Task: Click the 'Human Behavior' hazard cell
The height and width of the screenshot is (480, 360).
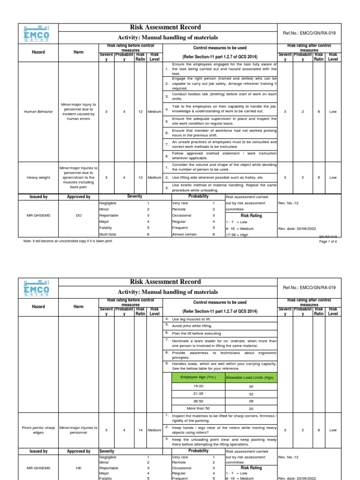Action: (38, 112)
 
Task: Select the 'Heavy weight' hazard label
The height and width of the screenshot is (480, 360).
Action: (38, 178)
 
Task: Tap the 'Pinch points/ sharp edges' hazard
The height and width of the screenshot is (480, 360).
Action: (38, 430)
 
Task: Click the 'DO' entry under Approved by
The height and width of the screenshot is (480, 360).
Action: (79, 215)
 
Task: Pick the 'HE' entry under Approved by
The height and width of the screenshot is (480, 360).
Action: (79, 468)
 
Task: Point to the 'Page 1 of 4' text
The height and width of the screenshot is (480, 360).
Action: (328, 241)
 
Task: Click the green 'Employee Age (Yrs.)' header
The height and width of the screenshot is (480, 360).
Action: (199, 377)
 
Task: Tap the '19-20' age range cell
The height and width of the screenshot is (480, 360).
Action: (199, 386)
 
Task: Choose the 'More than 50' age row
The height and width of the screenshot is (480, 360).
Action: (199, 408)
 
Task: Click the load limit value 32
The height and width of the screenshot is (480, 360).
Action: (251, 394)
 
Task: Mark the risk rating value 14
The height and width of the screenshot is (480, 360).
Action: (140, 430)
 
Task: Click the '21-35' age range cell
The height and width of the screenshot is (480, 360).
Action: (199, 394)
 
